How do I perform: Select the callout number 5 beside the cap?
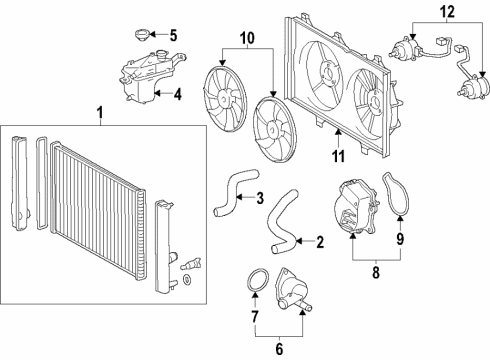[x=172, y=37]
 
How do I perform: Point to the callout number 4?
[x=176, y=96]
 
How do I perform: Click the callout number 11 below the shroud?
[x=338, y=156]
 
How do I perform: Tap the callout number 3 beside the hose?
[x=259, y=197]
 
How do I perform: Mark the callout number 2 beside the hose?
[x=320, y=241]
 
